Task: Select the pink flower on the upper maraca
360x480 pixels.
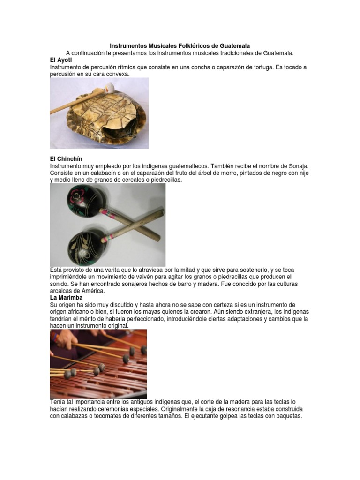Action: click(x=76, y=193)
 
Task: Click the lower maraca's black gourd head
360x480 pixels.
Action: click(x=85, y=246)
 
